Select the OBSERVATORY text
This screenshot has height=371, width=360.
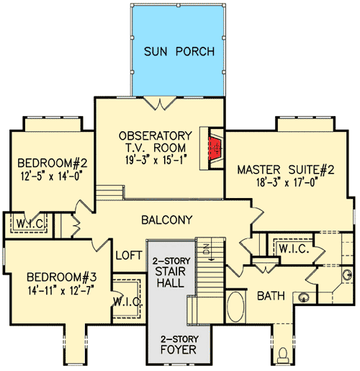coord(156,135)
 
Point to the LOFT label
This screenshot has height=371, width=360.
coord(129,254)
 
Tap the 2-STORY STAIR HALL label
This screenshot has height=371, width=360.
coord(171,271)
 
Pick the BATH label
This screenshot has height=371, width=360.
coord(272,296)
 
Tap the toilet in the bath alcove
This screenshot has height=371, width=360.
coord(287,355)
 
